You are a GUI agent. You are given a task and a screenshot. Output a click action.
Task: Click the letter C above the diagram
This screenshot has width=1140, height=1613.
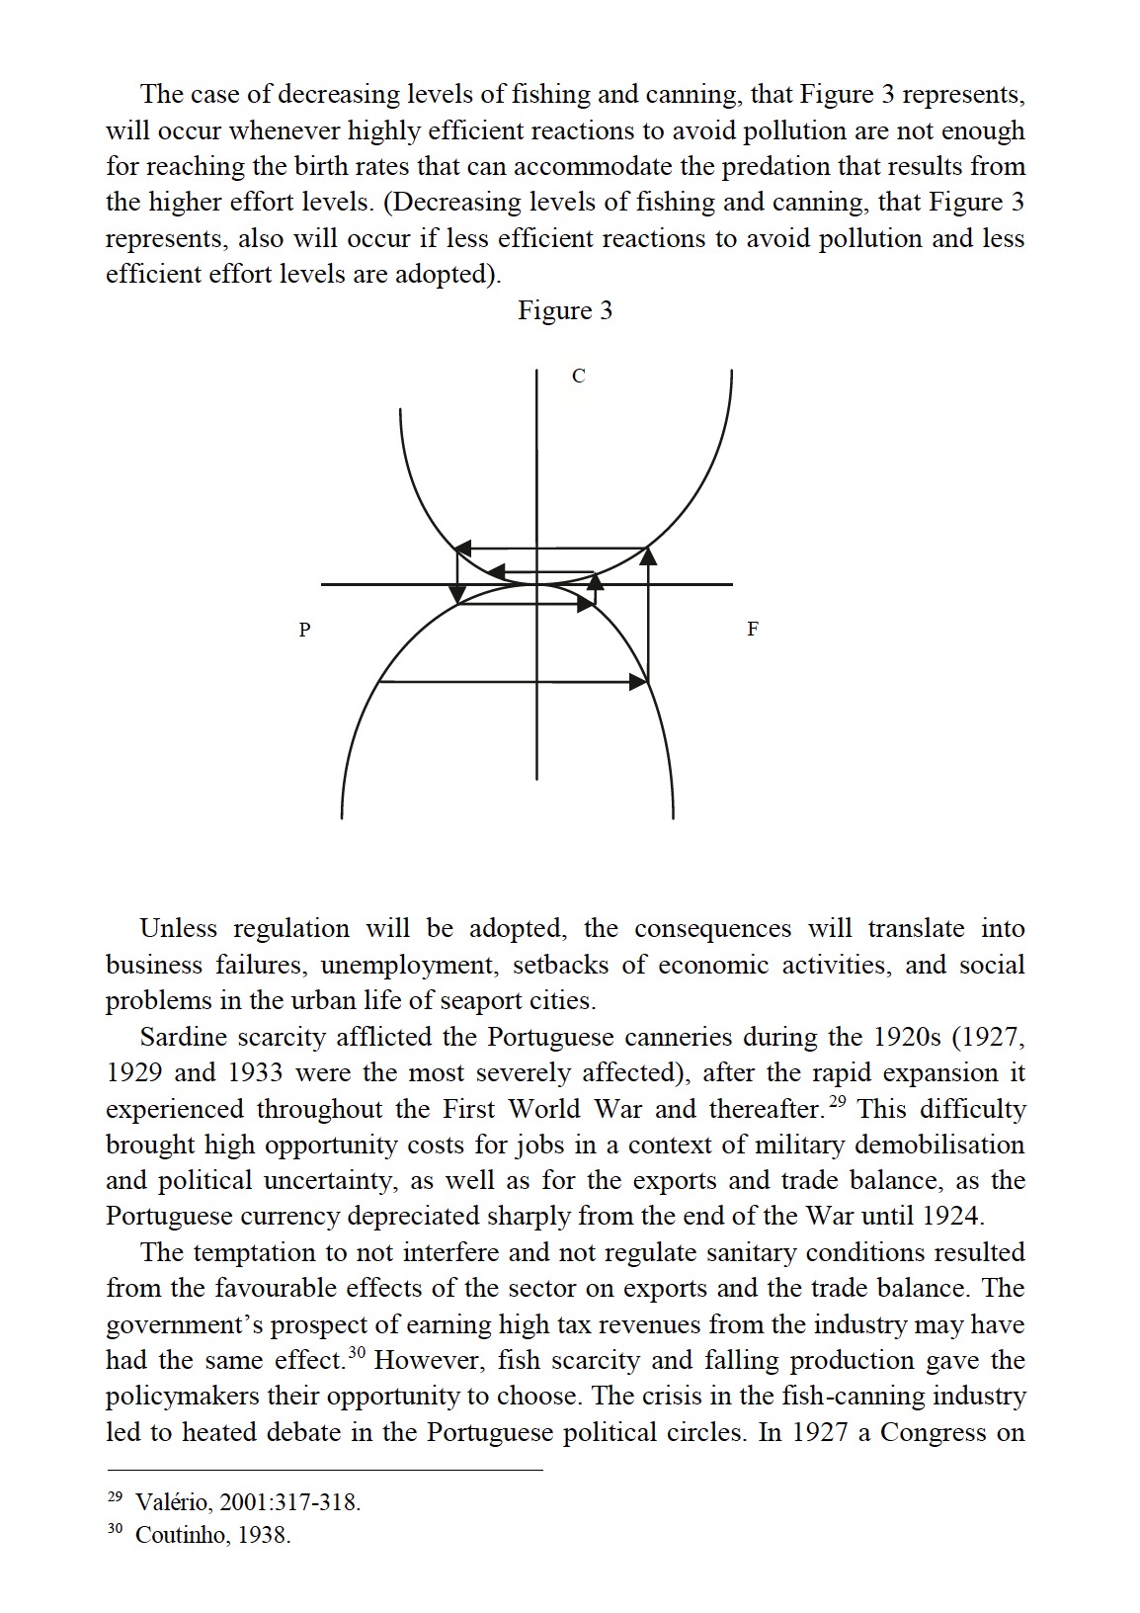click(578, 376)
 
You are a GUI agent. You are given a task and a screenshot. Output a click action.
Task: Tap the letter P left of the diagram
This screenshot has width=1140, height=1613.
click(305, 629)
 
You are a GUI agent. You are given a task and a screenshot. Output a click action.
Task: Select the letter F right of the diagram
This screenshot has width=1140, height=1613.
click(753, 629)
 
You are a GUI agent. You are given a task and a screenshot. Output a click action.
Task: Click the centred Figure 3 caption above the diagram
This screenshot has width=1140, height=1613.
click(565, 310)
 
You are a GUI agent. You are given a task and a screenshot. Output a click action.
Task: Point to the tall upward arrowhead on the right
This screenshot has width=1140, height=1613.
click(648, 555)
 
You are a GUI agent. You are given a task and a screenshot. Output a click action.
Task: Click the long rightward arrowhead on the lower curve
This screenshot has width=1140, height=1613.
click(637, 681)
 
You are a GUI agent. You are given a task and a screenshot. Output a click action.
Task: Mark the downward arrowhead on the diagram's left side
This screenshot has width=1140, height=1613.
click(457, 593)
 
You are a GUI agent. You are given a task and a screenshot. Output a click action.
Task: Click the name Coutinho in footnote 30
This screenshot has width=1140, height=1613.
click(179, 1535)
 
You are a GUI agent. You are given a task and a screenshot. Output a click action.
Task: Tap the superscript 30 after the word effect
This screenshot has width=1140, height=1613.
click(357, 1353)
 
